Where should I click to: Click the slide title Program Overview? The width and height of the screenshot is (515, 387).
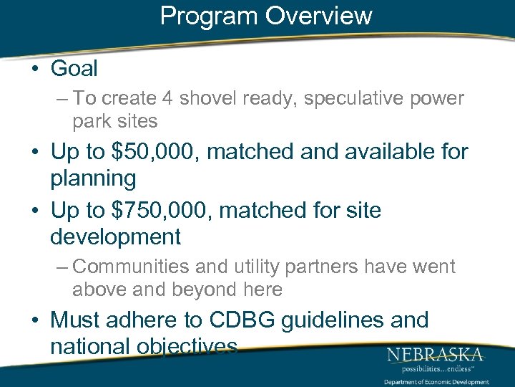[266, 16]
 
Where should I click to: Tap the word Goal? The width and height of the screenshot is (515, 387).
[74, 69]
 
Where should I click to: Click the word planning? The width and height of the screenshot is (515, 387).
[93, 178]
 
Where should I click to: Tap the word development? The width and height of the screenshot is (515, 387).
[115, 236]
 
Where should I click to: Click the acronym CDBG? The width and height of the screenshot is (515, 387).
[242, 320]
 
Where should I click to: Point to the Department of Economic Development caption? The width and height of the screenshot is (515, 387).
[436, 382]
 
